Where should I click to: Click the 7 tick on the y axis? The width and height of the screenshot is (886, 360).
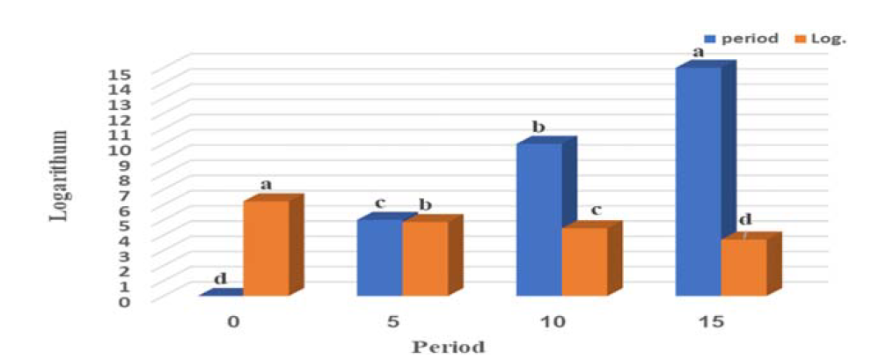point(124,195)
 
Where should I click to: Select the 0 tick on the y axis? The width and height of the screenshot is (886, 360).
point(124,301)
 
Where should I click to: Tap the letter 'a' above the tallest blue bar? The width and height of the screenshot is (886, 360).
point(699,53)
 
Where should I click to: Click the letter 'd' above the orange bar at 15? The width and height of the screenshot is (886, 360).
point(744,220)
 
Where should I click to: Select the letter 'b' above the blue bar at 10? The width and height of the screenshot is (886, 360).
point(538,128)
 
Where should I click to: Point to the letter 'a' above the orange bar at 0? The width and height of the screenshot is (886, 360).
point(267,185)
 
